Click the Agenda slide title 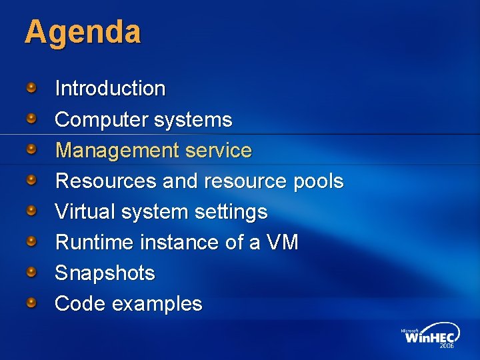click(83, 33)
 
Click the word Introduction click(110, 88)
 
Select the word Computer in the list click(101, 120)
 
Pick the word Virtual click(85, 212)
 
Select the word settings click(231, 212)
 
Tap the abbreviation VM click(282, 243)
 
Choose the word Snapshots click(105, 273)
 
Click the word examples click(157, 304)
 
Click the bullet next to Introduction click(32, 87)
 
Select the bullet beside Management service click(32, 149)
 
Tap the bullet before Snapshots click(32, 272)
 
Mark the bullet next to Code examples click(32, 303)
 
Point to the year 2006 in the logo click(446, 346)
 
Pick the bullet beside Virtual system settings click(32, 211)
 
